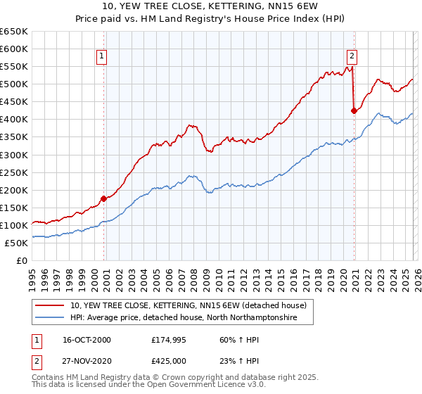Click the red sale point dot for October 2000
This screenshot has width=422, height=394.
point(104,198)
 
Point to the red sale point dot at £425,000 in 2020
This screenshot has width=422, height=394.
point(354,110)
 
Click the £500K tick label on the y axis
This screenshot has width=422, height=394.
point(14,84)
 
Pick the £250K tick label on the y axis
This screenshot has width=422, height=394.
point(14,172)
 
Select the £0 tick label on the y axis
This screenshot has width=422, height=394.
point(23,260)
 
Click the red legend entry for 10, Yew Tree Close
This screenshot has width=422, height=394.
point(188,306)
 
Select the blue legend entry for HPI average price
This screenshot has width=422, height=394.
point(183,318)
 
